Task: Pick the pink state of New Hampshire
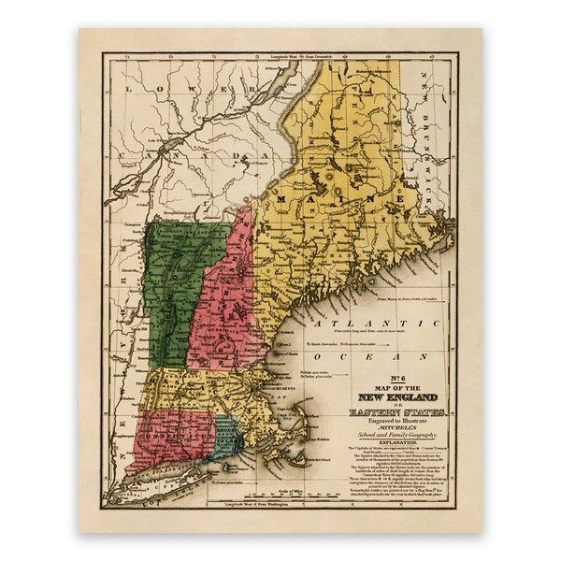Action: pyautogui.click(x=224, y=309)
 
